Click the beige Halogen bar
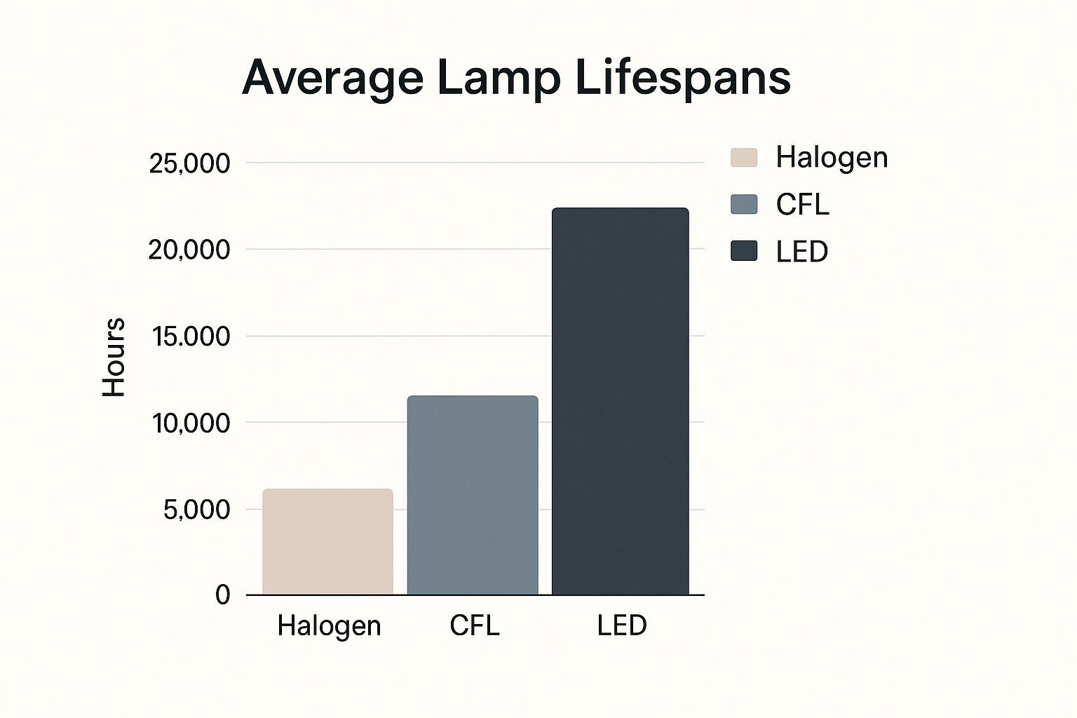(327, 541)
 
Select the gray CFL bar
(473, 495)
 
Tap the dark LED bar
(620, 401)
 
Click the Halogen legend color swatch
(744, 157)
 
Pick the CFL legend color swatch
(744, 204)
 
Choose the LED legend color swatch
(744, 251)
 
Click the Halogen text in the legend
(832, 157)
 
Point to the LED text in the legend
(802, 251)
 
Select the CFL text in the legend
(802, 204)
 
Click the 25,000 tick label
(189, 163)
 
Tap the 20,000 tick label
(189, 250)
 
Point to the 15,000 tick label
(191, 337)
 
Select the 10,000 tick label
(191, 423)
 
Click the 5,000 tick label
(196, 510)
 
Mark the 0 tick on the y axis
(222, 595)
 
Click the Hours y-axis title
(114, 358)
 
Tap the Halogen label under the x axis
(329, 625)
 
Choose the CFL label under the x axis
(475, 625)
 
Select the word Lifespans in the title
(683, 79)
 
